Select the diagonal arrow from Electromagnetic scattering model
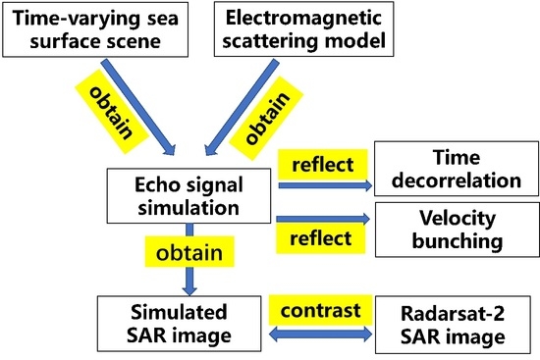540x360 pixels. click(x=229, y=107)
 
